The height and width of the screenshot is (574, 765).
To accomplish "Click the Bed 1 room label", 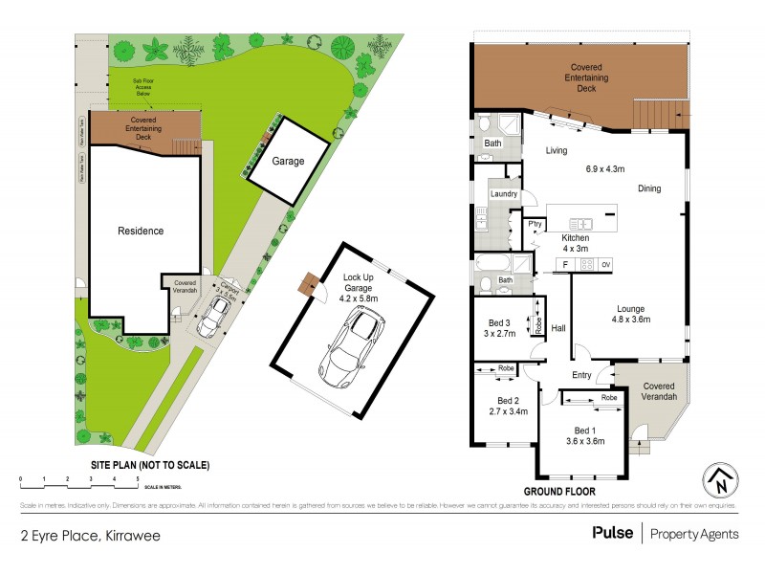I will click(x=582, y=430).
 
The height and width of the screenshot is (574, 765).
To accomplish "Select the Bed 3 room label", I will click(x=497, y=322).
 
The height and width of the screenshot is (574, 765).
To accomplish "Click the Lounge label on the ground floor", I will click(x=630, y=308).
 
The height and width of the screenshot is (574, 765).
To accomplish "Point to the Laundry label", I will click(x=504, y=194).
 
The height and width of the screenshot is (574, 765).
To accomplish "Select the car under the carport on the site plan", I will click(x=213, y=316).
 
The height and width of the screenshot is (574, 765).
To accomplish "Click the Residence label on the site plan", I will click(x=141, y=231).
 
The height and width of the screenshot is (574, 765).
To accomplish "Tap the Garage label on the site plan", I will click(x=287, y=162).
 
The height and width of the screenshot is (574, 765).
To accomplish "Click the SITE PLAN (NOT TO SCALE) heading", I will click(x=149, y=465).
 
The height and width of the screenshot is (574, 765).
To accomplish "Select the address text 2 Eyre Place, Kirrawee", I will click(x=90, y=535).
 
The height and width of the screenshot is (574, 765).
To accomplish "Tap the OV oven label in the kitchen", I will click(x=605, y=264).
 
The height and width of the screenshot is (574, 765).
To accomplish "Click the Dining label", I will click(x=649, y=188).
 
